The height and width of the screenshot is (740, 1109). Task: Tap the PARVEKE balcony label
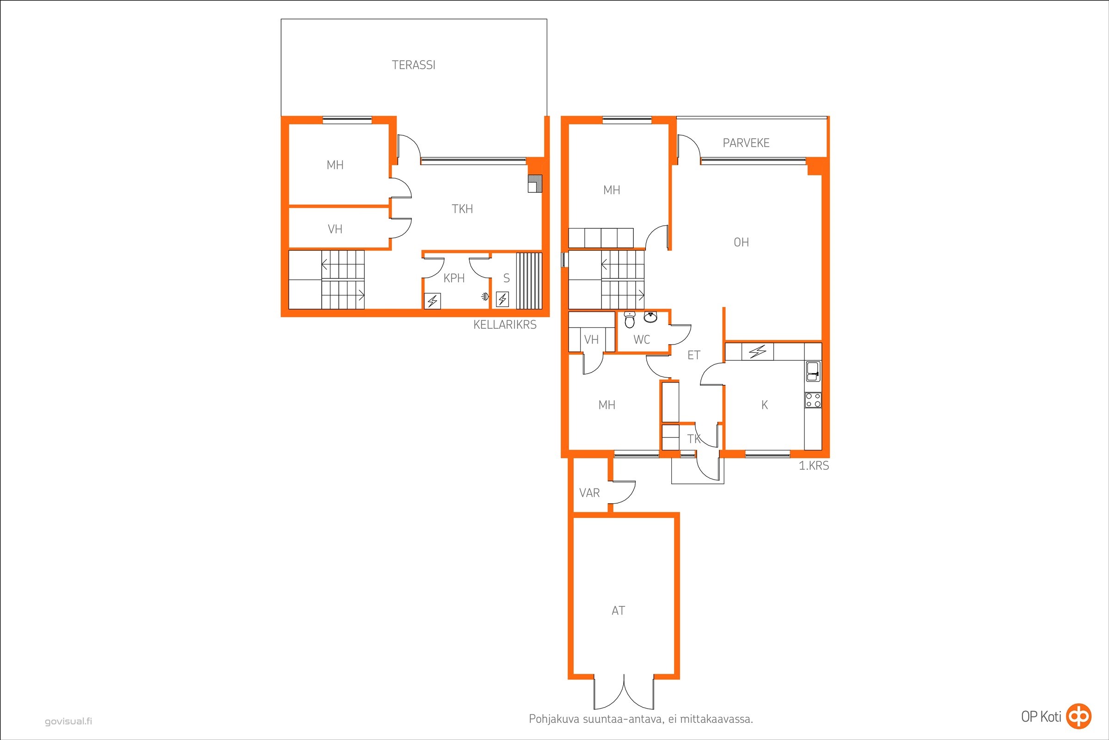pos(746,143)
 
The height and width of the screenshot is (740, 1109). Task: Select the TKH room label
pos(462,209)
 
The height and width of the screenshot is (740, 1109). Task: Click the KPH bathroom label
pos(454,278)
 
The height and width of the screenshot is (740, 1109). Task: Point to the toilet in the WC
pos(630,320)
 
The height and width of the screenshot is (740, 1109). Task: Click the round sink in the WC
pos(650,317)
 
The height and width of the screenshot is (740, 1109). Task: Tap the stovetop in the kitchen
pos(813,400)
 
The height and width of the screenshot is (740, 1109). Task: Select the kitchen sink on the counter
pos(813,371)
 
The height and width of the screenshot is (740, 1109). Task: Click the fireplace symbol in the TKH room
pos(535,184)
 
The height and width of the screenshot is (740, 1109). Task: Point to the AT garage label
pos(618,610)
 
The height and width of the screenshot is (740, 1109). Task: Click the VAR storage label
pos(589,493)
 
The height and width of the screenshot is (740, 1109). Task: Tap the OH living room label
pos(741,242)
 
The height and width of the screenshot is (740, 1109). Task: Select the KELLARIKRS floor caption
pos(505,325)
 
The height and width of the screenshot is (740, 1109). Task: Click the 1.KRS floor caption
pos(814,466)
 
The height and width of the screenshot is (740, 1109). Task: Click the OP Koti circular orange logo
pos(1079,716)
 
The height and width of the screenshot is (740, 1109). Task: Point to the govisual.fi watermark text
pos(68,721)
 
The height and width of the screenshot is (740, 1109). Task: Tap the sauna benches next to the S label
pos(529,281)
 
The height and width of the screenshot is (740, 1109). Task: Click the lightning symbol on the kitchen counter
pos(758,351)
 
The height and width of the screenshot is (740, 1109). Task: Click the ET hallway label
pos(693,355)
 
